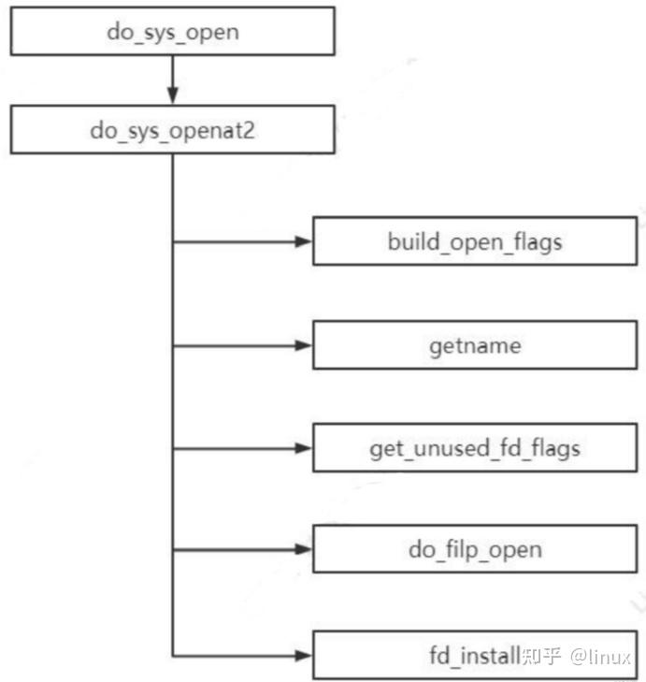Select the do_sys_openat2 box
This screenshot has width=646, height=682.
(x=173, y=130)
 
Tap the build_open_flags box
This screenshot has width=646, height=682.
(x=475, y=242)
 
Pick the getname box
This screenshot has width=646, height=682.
(x=475, y=345)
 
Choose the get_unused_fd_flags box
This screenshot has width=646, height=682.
(x=475, y=448)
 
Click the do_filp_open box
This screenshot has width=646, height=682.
(x=475, y=550)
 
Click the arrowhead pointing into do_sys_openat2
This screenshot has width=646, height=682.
(x=173, y=97)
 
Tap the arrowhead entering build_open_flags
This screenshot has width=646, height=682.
(x=302, y=242)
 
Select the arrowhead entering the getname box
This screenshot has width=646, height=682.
(x=302, y=345)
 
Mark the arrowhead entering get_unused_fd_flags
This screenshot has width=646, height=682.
(x=302, y=448)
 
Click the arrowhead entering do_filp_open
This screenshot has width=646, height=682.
(x=302, y=550)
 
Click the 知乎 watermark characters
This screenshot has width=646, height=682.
(x=541, y=656)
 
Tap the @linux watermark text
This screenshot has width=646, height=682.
(x=602, y=656)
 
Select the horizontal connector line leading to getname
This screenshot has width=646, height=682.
(x=234, y=345)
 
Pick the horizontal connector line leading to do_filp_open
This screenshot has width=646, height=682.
(x=234, y=550)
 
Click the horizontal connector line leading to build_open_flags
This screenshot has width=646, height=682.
(x=234, y=242)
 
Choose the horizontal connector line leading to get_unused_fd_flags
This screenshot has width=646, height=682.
(x=234, y=448)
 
